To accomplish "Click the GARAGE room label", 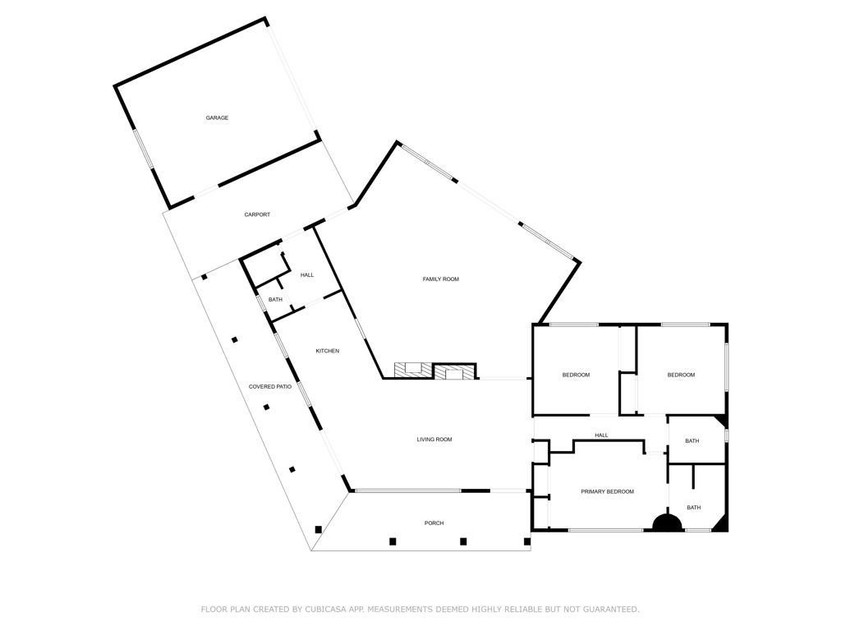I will [217, 118].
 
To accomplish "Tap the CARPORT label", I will [257, 215].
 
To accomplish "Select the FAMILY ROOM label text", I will [440, 279].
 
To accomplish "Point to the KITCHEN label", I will [328, 352].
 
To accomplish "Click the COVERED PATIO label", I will [270, 387].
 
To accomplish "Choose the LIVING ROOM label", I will [434, 440].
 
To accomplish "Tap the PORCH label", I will [434, 523].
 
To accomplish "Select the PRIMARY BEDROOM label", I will [607, 492].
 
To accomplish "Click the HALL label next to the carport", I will [306, 275].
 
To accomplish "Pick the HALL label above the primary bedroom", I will [601, 436].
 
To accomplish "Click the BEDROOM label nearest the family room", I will [576, 375].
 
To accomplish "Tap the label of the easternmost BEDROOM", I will [681, 375].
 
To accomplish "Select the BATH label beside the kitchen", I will [275, 300].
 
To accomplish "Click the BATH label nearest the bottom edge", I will [694, 508].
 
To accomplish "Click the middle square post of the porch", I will [463, 541].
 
